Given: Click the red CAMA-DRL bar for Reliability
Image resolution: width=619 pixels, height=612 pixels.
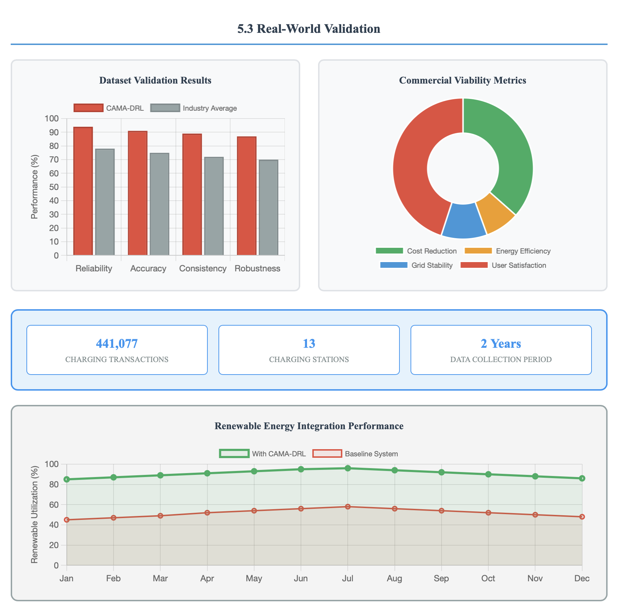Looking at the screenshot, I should [x=83, y=191].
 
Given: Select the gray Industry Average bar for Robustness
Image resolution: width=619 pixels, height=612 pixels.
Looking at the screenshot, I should [x=268, y=207].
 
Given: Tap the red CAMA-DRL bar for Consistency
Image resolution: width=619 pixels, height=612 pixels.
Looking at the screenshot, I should [x=192, y=195].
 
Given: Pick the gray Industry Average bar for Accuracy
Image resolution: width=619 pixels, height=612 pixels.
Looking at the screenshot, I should [x=160, y=204].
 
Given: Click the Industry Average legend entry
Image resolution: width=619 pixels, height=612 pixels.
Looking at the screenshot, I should [x=194, y=108].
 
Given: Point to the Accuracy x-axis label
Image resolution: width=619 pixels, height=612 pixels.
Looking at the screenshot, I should [x=148, y=269].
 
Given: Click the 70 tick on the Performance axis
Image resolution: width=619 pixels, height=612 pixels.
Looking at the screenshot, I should [x=54, y=160].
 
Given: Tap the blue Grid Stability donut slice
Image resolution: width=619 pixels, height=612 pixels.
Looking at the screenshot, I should [x=464, y=221].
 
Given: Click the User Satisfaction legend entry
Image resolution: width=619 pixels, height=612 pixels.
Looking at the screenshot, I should [x=503, y=265].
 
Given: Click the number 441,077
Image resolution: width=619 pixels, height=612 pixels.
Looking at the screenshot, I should [x=117, y=343].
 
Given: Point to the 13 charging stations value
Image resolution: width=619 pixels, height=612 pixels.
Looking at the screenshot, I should [x=309, y=343].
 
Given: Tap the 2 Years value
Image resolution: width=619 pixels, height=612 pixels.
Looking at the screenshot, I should [x=501, y=343].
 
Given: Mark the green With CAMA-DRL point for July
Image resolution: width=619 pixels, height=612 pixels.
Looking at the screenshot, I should [x=348, y=468].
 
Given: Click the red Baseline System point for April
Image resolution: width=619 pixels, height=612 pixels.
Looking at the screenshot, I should [x=207, y=513].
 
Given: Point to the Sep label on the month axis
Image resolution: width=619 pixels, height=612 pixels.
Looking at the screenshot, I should [x=441, y=578].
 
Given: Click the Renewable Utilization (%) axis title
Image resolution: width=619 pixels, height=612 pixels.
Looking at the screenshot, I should [x=34, y=515].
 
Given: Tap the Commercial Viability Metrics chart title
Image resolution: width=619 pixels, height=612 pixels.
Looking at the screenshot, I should [x=463, y=80].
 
